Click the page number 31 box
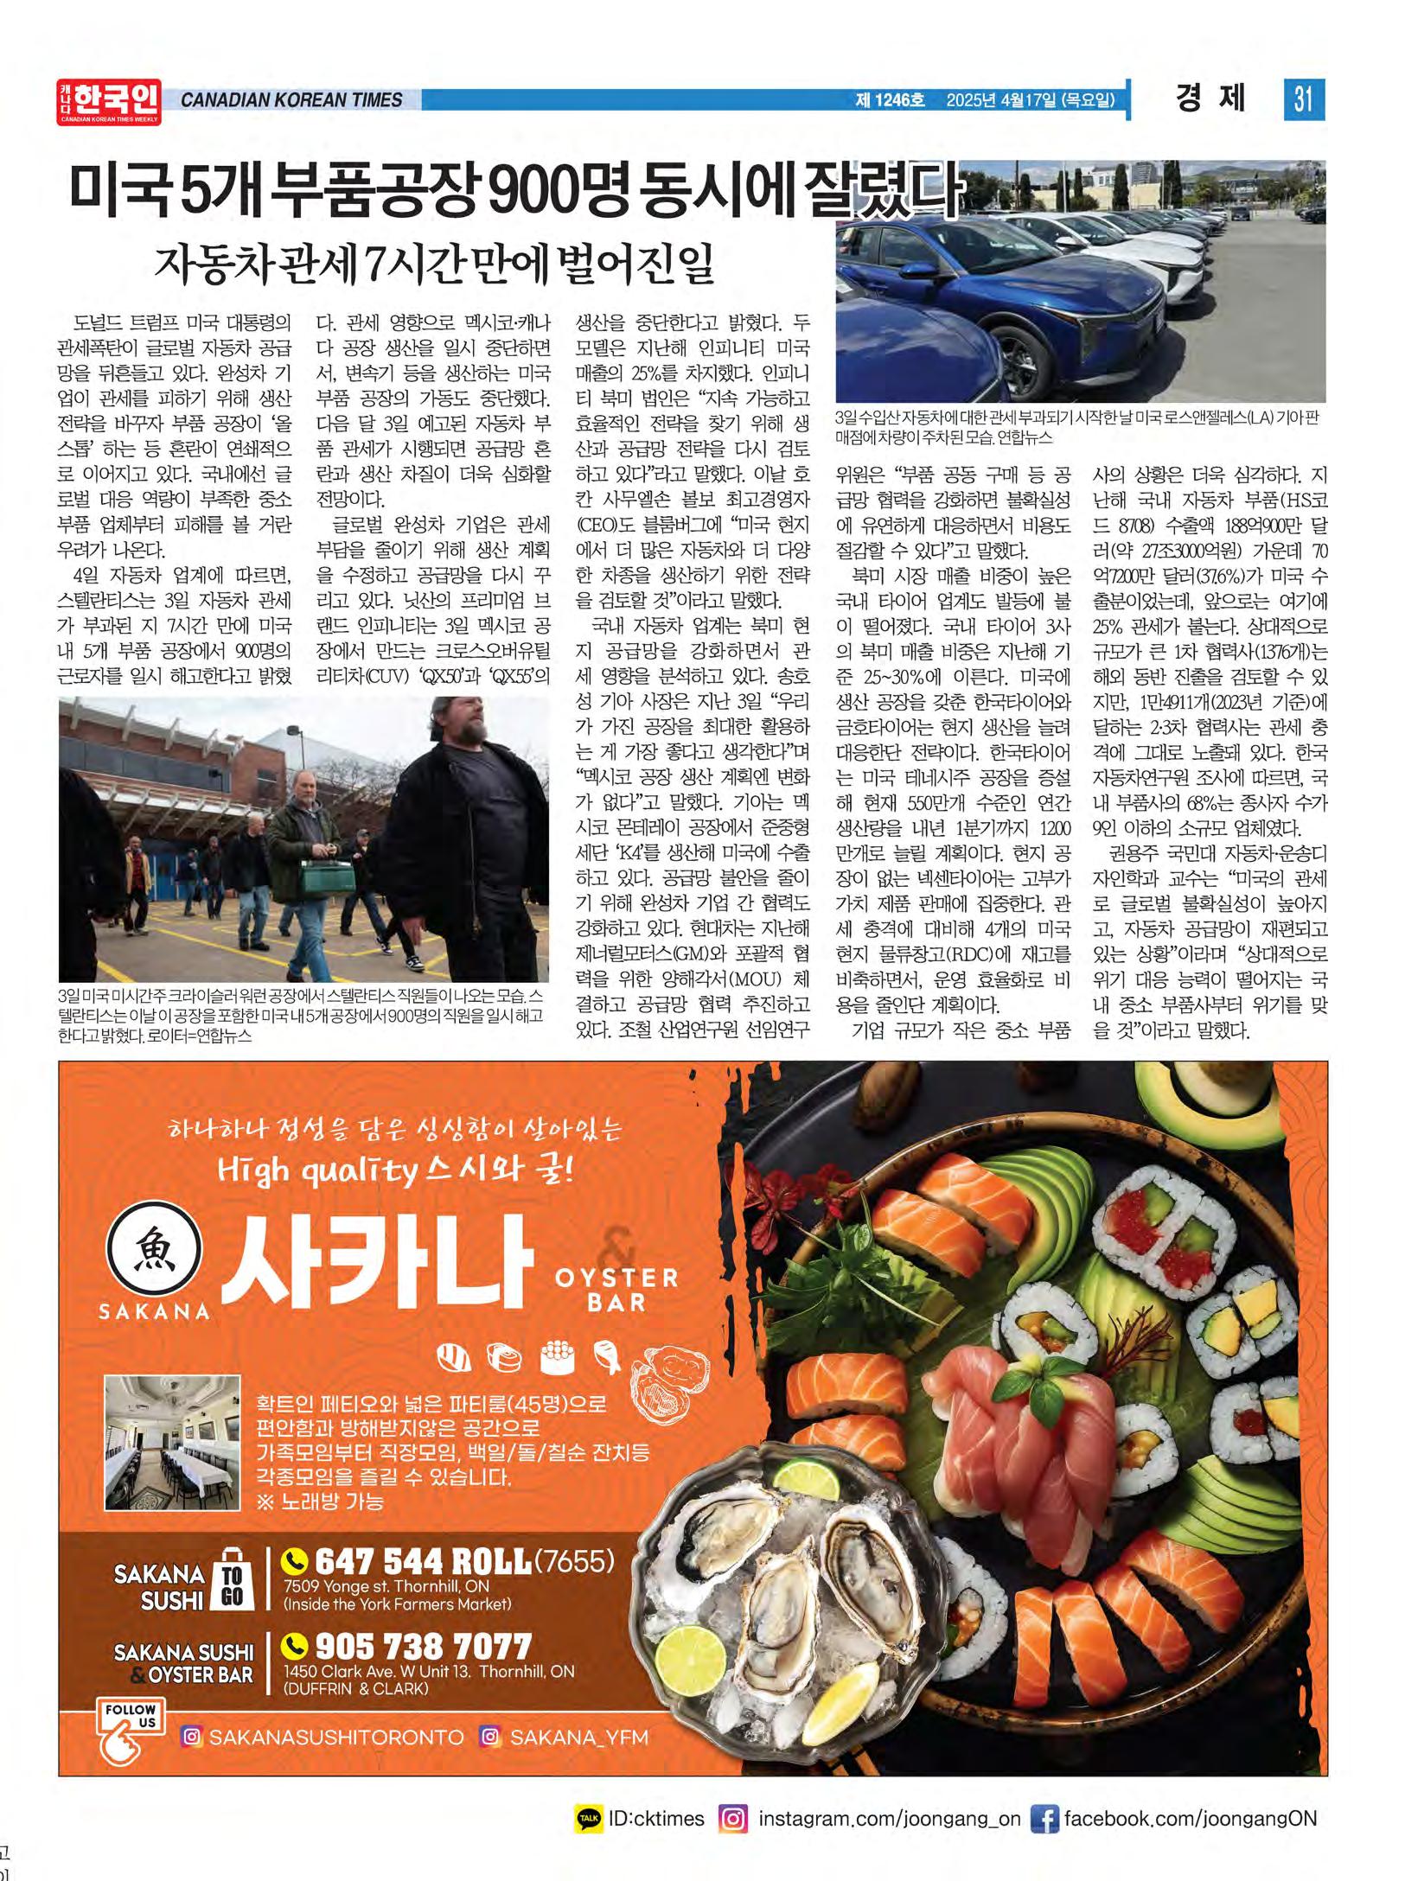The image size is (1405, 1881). point(1303,99)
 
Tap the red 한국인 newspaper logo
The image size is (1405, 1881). point(110,101)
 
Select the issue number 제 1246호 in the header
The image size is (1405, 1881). point(889,100)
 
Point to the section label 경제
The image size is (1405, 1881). point(1210,99)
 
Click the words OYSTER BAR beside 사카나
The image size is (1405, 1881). point(616,1289)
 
